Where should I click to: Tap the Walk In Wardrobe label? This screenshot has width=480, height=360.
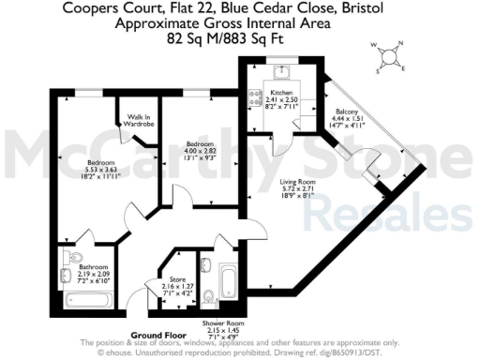[140, 119]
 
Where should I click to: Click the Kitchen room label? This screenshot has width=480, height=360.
[281, 94]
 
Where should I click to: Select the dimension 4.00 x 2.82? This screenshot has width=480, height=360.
[194, 152]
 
